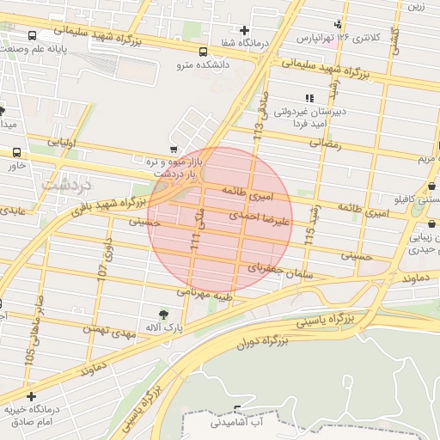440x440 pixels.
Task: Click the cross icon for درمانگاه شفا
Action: coord(244,31)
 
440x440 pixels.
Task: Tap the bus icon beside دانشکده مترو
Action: coord(202,51)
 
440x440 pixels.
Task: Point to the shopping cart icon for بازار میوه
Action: coord(174,149)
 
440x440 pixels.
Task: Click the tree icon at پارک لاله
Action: coord(163,314)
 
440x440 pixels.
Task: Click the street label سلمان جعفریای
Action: coord(277,269)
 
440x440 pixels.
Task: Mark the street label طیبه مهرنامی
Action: coord(205,292)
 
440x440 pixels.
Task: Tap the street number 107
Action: coord(102,268)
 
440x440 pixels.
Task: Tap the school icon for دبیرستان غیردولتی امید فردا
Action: coord(308,99)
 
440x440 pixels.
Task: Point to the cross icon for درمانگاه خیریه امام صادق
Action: coord(31,396)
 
